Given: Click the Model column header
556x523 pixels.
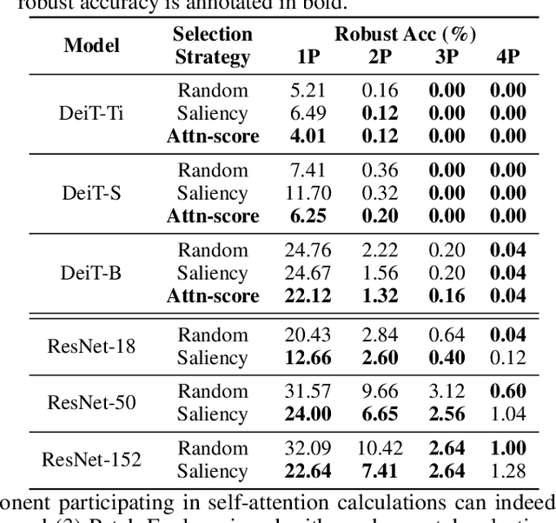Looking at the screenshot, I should coord(91,45).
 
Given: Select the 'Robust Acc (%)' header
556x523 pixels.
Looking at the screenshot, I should coord(406,35).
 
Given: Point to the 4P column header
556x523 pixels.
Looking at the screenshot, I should coord(507,57).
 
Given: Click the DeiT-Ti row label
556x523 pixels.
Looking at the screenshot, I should coord(91,113).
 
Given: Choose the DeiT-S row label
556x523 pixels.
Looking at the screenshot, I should coord(91,193).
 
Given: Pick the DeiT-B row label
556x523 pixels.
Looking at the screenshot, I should coord(91,273).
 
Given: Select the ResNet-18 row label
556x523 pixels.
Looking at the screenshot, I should coord(91,346).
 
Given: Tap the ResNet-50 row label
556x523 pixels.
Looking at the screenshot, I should coord(91,402).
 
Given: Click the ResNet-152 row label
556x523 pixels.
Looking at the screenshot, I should coord(91,459).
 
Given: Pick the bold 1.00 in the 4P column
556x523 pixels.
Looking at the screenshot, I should coord(507,448).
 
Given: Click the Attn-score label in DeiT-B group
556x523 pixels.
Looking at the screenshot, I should coord(213,295).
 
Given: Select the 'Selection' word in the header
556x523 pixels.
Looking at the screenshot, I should coord(213,35).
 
